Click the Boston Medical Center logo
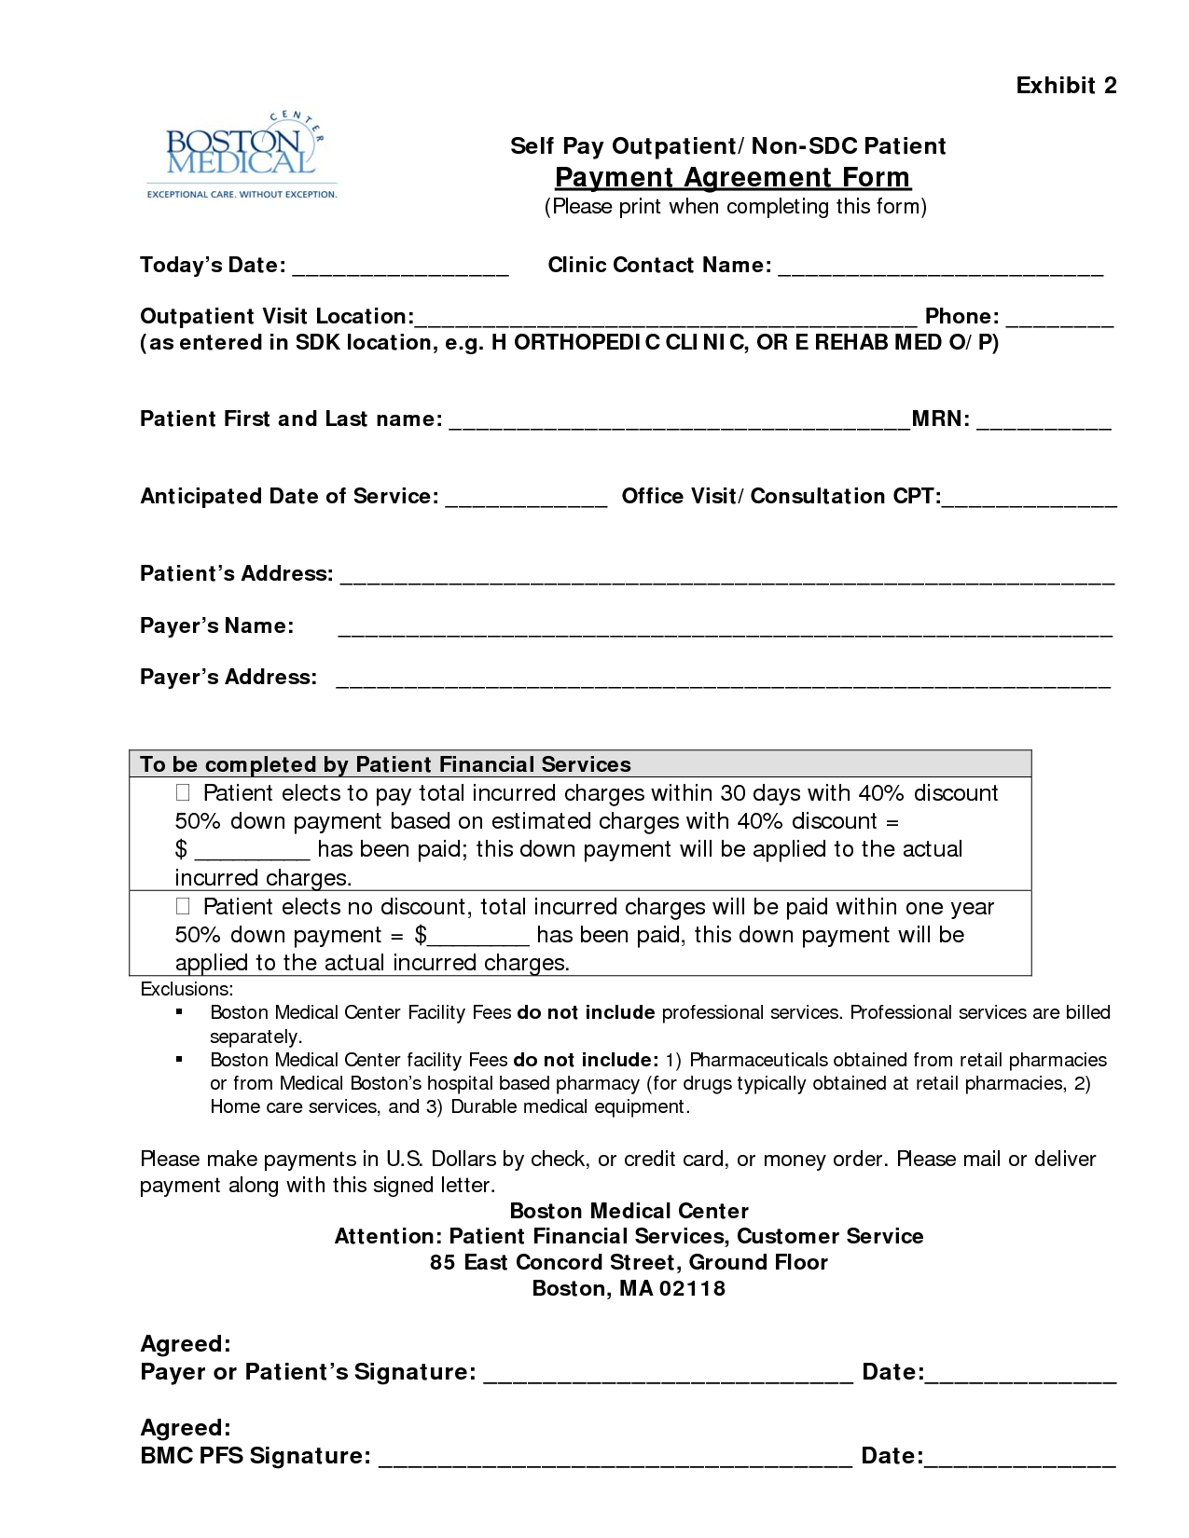point(241,156)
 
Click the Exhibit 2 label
point(1066,86)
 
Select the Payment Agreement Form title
point(732,177)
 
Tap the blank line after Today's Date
point(400,270)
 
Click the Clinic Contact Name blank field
point(940,270)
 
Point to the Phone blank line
point(1059,322)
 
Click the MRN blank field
point(1044,424)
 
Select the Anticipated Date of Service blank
point(526,501)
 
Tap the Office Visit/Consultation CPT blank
point(1029,501)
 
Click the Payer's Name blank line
point(725,631)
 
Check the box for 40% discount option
point(183,793)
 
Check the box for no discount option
point(183,906)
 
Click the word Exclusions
point(187,989)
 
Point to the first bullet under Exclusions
point(179,1012)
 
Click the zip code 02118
point(692,1289)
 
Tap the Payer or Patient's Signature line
point(668,1377)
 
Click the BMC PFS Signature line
point(615,1461)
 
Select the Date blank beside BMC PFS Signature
point(1019,1461)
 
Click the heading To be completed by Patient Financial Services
point(385,764)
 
